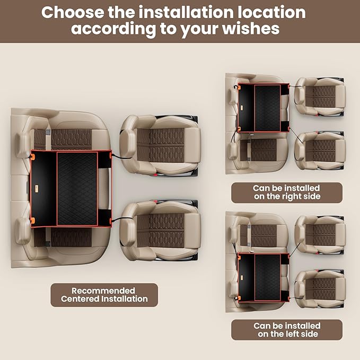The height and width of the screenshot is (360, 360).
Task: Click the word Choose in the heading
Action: (75, 12)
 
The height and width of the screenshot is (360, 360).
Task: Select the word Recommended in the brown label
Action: (103, 291)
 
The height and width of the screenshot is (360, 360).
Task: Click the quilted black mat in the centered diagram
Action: (77, 188)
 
